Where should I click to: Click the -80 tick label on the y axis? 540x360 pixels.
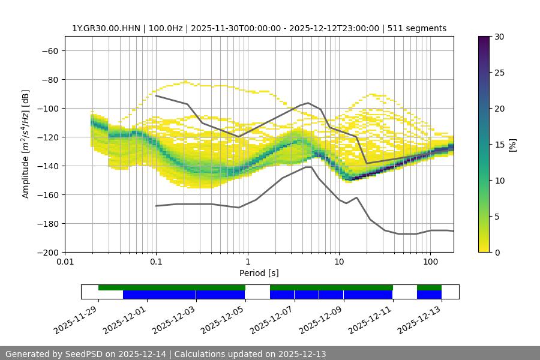[49, 79]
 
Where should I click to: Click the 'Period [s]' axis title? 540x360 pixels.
[259, 273]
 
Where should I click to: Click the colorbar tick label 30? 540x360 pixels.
[499, 37]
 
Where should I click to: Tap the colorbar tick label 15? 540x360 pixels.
[499, 145]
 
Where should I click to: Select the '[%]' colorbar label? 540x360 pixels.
[512, 145]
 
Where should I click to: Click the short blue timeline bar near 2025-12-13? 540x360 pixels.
[429, 295]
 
